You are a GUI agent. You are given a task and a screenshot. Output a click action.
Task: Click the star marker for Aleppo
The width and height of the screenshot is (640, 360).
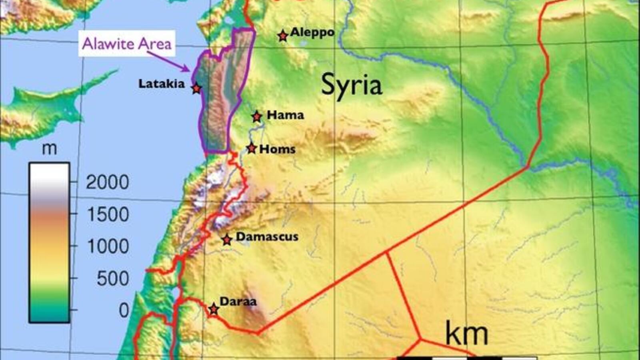[x=283, y=36]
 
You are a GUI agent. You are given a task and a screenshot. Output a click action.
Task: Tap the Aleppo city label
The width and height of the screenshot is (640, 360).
[x=312, y=32]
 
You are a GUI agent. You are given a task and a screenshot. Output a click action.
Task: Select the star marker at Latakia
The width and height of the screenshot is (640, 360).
[x=196, y=88]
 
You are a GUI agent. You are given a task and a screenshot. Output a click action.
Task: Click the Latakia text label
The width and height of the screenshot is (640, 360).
[x=162, y=84]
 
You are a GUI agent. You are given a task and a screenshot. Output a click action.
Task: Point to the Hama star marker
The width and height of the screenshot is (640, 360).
[x=257, y=117]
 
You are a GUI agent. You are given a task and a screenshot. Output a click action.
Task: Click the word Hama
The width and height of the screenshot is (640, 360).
[x=285, y=115]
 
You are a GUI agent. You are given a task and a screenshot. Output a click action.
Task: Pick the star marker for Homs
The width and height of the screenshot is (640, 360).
[x=251, y=148]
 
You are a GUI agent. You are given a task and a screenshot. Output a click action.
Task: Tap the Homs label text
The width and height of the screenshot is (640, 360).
[x=277, y=149]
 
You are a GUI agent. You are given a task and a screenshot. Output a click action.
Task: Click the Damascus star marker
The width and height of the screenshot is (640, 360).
[x=227, y=240]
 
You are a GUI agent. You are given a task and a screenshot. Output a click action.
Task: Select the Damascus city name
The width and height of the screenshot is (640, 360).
[x=267, y=236]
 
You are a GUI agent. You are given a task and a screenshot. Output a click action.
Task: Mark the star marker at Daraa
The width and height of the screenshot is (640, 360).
[x=214, y=309]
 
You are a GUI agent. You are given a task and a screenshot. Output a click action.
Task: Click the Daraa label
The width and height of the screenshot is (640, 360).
[x=238, y=301]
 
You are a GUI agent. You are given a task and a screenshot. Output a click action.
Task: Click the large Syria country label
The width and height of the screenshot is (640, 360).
[x=351, y=85]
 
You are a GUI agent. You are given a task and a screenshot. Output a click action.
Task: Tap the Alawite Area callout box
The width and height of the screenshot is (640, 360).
[x=126, y=43]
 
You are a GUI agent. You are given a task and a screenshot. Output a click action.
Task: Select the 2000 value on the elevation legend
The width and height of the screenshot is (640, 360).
[x=107, y=182]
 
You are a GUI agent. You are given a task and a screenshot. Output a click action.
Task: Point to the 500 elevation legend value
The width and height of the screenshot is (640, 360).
[x=112, y=278]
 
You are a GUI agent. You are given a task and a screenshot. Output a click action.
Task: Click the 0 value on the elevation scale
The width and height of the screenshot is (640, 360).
[x=124, y=310]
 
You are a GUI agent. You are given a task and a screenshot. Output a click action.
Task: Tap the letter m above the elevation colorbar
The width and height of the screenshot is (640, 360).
[x=49, y=149]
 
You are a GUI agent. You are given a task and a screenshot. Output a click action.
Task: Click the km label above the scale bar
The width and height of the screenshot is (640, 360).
[x=466, y=334]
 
